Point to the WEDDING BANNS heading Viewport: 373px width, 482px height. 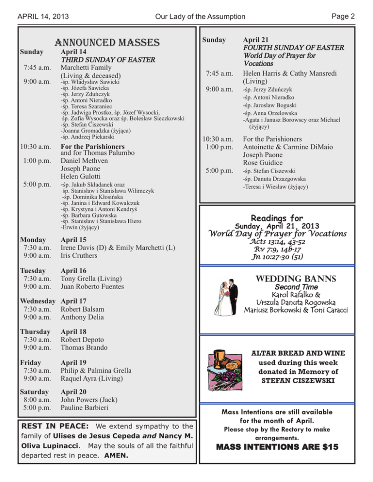click(299, 280)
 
